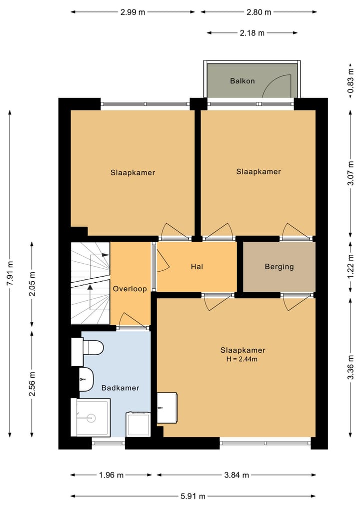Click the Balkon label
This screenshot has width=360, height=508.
[242, 81]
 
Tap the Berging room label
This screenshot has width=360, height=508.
[279, 267]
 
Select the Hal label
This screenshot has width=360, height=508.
[197, 267]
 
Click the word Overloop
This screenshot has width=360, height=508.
[129, 289]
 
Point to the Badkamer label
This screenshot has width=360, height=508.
[120, 388]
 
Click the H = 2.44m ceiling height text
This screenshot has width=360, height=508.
[242, 359]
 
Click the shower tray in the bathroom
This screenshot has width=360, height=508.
[90, 418]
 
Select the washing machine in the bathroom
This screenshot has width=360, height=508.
[138, 424]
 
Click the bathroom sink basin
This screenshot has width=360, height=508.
[86, 380]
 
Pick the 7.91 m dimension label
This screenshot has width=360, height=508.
[10, 273]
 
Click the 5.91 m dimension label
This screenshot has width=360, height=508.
[193, 496]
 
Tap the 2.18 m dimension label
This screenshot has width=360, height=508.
[252, 33]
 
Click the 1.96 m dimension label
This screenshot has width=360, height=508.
[111, 475]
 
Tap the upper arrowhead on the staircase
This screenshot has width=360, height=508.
[105, 255]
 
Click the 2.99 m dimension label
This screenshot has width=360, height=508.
[132, 12]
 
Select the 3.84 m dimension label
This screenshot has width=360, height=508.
[236, 475]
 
